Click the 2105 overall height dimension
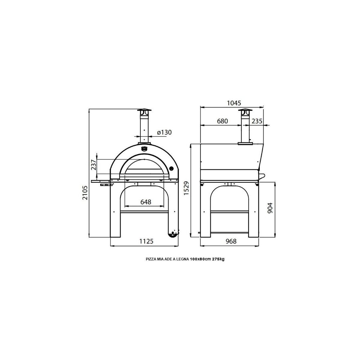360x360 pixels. coord(85,193)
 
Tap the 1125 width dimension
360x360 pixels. coord(146,241)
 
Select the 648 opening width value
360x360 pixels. coord(146,202)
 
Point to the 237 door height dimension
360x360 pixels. coord(94,165)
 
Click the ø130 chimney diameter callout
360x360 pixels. coord(164,132)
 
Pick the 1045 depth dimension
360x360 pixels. coord(234,103)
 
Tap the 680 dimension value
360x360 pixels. coord(223,121)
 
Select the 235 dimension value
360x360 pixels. coord(257,121)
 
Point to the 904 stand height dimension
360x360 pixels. coord(270,208)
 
